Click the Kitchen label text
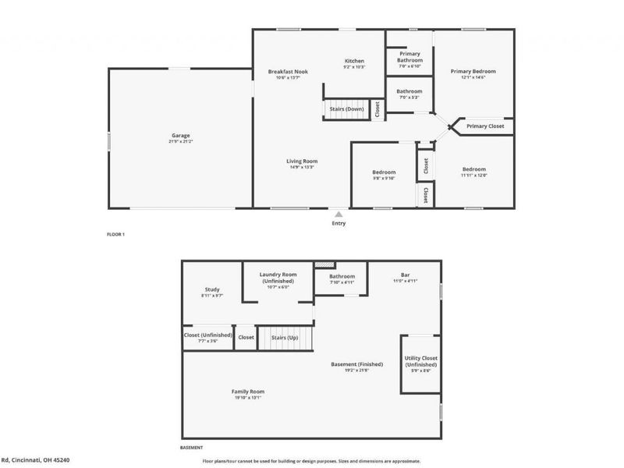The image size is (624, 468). click(x=355, y=61)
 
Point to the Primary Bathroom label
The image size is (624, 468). click(x=409, y=57)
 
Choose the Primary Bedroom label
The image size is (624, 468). click(x=473, y=71)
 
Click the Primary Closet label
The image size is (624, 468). click(x=485, y=126)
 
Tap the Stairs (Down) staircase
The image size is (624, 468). click(x=346, y=109)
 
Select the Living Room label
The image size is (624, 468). click(x=304, y=161)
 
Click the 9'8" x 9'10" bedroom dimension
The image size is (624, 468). click(x=383, y=179)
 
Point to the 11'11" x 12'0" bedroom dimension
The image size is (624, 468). click(x=473, y=175)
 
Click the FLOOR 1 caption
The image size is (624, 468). click(x=115, y=234)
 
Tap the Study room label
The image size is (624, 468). click(x=212, y=289)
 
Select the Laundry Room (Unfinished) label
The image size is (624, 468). click(x=278, y=278)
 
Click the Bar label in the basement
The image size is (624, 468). click(x=406, y=275)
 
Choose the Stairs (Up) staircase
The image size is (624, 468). click(x=285, y=338)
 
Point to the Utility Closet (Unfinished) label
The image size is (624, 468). click(x=420, y=361)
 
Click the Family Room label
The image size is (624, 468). click(x=248, y=391)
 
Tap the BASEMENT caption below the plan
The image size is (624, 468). click(x=191, y=448)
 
